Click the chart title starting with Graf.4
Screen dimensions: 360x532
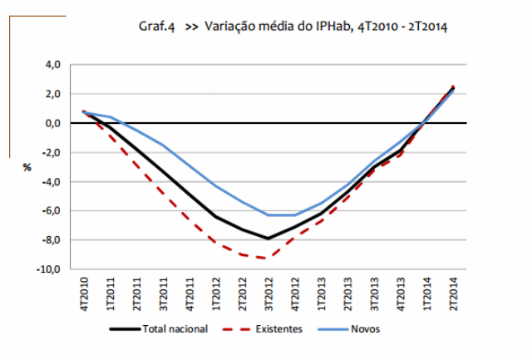293,27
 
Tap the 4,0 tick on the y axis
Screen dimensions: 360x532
52,64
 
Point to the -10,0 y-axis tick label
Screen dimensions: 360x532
48,269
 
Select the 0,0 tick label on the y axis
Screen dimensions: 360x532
52,123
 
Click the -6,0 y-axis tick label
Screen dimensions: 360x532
50,211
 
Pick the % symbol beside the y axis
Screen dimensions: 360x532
27,167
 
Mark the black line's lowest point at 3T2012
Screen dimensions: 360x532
268,239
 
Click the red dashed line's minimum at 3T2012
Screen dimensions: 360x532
268,258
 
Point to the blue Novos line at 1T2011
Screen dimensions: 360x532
111,117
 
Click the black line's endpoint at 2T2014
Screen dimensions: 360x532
453,87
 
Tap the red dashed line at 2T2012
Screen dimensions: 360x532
242,254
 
